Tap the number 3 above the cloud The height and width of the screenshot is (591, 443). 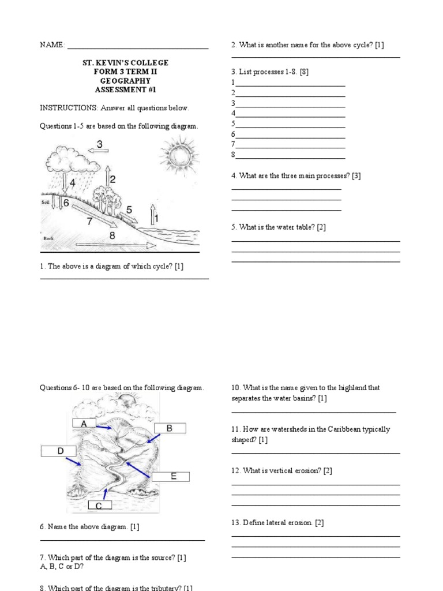pos(100,144)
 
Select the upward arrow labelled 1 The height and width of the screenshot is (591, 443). pos(153,214)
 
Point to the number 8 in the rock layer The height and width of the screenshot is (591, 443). pos(112,235)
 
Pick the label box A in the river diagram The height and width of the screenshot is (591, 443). pos(84,424)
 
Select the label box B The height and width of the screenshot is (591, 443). pos(170,428)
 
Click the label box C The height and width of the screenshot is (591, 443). pos(99,506)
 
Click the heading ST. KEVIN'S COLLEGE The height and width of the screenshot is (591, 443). pos(125,62)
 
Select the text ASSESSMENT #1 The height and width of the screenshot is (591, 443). pos(125,90)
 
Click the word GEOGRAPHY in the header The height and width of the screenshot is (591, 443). pos(125,81)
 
